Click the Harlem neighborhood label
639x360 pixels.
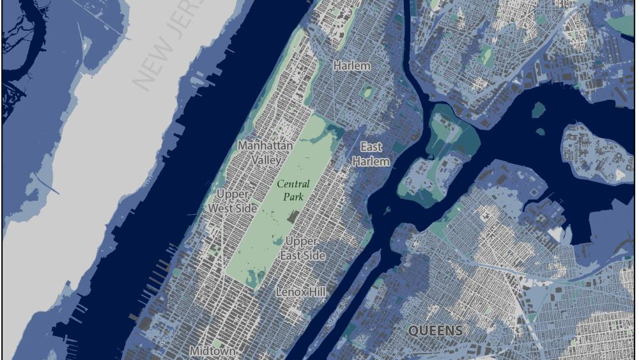(x=351, y=66)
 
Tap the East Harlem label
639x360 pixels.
(x=371, y=154)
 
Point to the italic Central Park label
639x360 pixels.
(x=293, y=190)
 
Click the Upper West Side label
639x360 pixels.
(x=233, y=201)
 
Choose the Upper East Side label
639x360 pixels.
(x=305, y=248)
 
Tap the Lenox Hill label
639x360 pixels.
(x=300, y=292)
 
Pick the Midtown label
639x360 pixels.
(x=212, y=351)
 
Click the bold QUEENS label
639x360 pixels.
(x=435, y=331)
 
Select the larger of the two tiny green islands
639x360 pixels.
(x=538, y=110)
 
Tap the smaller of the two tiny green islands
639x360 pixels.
(x=540, y=132)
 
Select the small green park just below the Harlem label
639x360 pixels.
(x=366, y=91)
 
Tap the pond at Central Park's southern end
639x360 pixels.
(x=258, y=276)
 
